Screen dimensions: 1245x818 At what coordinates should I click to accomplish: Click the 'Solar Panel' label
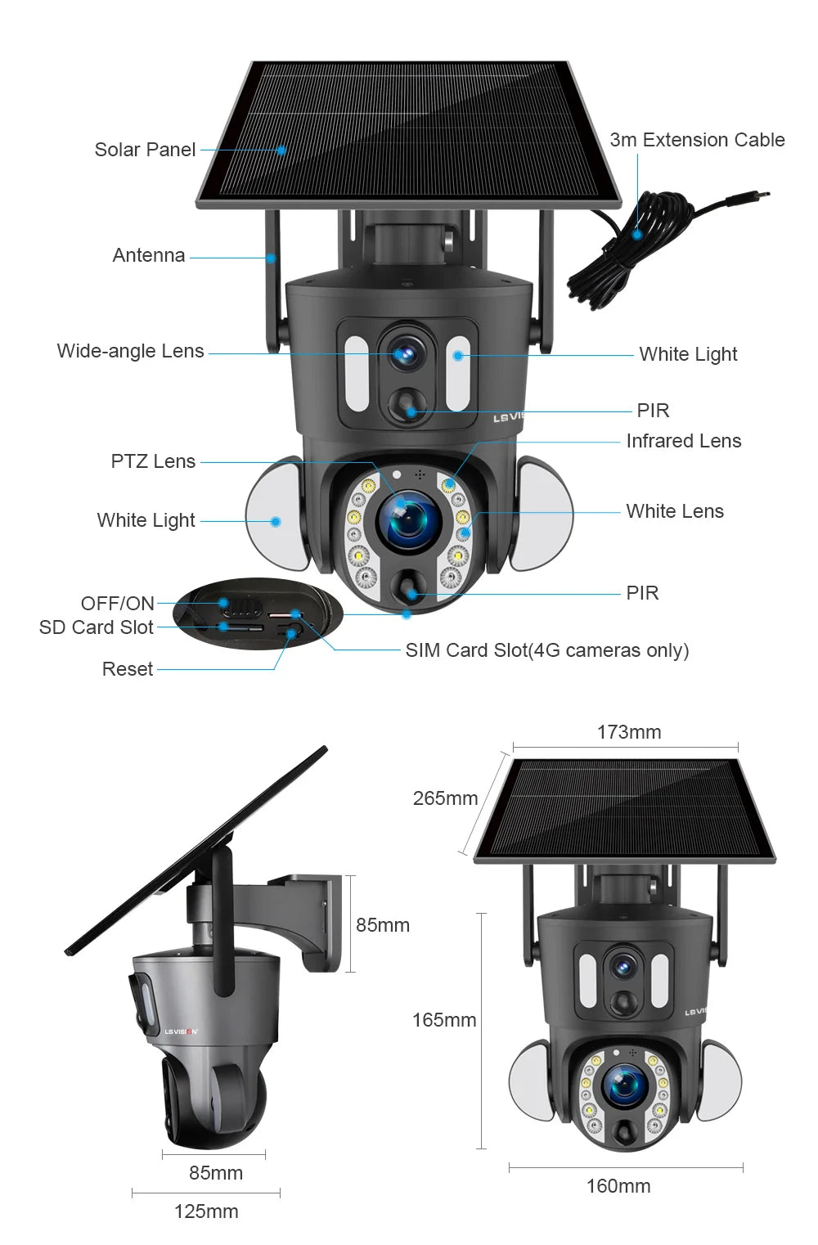coord(145,150)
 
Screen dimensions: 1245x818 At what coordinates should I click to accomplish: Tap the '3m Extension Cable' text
coord(697,140)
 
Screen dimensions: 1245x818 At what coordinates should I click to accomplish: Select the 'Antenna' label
coord(148,255)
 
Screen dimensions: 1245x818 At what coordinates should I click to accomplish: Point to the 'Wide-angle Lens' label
coord(130,351)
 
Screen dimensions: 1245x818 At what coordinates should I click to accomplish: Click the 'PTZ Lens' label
coord(153,461)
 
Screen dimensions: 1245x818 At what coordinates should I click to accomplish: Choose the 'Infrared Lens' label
coord(683,441)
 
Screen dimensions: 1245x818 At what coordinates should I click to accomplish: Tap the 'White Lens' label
coord(674,511)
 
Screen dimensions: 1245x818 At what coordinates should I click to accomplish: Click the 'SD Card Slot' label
coord(96,627)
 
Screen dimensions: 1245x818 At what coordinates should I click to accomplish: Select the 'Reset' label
coord(127,669)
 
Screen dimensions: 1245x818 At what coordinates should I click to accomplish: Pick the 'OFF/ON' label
coord(117,604)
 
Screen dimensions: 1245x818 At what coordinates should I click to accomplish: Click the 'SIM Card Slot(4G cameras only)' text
coord(546,650)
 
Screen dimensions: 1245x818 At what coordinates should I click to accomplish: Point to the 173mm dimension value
coord(628,732)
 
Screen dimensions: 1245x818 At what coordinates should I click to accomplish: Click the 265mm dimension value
coord(445,798)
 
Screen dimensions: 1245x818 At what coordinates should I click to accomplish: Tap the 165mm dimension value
coord(443,1020)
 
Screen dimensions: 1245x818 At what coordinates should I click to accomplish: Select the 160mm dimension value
coord(618,1186)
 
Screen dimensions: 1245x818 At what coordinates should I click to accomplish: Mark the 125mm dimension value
coord(206,1211)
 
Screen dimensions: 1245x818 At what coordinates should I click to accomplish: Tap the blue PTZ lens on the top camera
coord(408,521)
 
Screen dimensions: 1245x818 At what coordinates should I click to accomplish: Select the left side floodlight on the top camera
coord(276,514)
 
